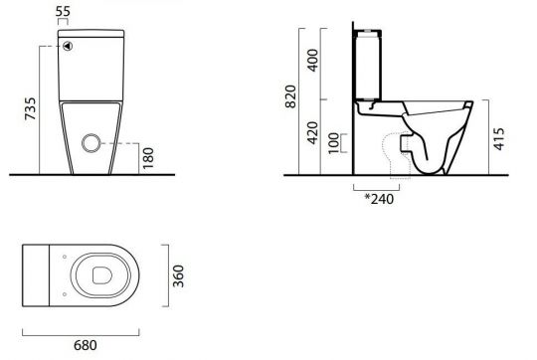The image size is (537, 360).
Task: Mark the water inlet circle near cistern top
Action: coord(68,47)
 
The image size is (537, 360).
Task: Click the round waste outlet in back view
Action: coord(92,142)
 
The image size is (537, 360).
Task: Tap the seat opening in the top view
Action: coord(103,271)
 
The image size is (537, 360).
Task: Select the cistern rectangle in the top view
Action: coord(37,271)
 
